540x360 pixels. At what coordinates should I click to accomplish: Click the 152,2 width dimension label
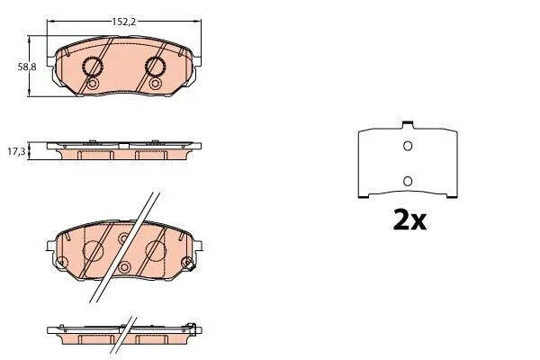pyautogui.click(x=124, y=22)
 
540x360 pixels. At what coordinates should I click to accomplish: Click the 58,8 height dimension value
pyautogui.click(x=27, y=67)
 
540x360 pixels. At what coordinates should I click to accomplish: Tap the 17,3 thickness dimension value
pyautogui.click(x=16, y=151)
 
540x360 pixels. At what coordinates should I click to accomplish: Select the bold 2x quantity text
pyautogui.click(x=409, y=220)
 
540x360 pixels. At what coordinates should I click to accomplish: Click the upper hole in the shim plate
pyautogui.click(x=408, y=146)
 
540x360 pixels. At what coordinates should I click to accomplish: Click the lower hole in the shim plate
pyautogui.click(x=408, y=181)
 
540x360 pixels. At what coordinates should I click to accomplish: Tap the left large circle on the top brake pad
pyautogui.click(x=93, y=67)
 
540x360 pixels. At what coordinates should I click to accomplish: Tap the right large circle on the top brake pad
pyautogui.click(x=155, y=67)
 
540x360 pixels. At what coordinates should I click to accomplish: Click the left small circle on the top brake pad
pyautogui.click(x=93, y=84)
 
